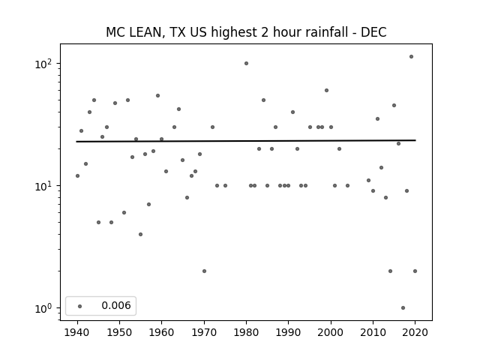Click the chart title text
point(246,32)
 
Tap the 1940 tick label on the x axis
point(77,332)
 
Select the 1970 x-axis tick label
point(204,332)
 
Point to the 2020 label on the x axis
point(415,332)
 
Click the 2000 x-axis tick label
point(331,332)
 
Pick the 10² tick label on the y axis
point(43,64)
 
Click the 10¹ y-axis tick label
point(43,187)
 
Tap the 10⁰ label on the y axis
point(43,308)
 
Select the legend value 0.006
point(116,305)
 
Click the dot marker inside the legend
point(80,306)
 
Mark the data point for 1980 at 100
point(246,63)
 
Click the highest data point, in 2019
point(411,57)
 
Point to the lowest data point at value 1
point(403,307)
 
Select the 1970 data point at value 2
point(204,271)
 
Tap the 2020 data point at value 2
point(415,271)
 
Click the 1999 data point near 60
point(327,90)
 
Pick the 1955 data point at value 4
point(140,234)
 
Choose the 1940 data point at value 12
point(77,175)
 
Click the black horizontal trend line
point(246,141)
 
